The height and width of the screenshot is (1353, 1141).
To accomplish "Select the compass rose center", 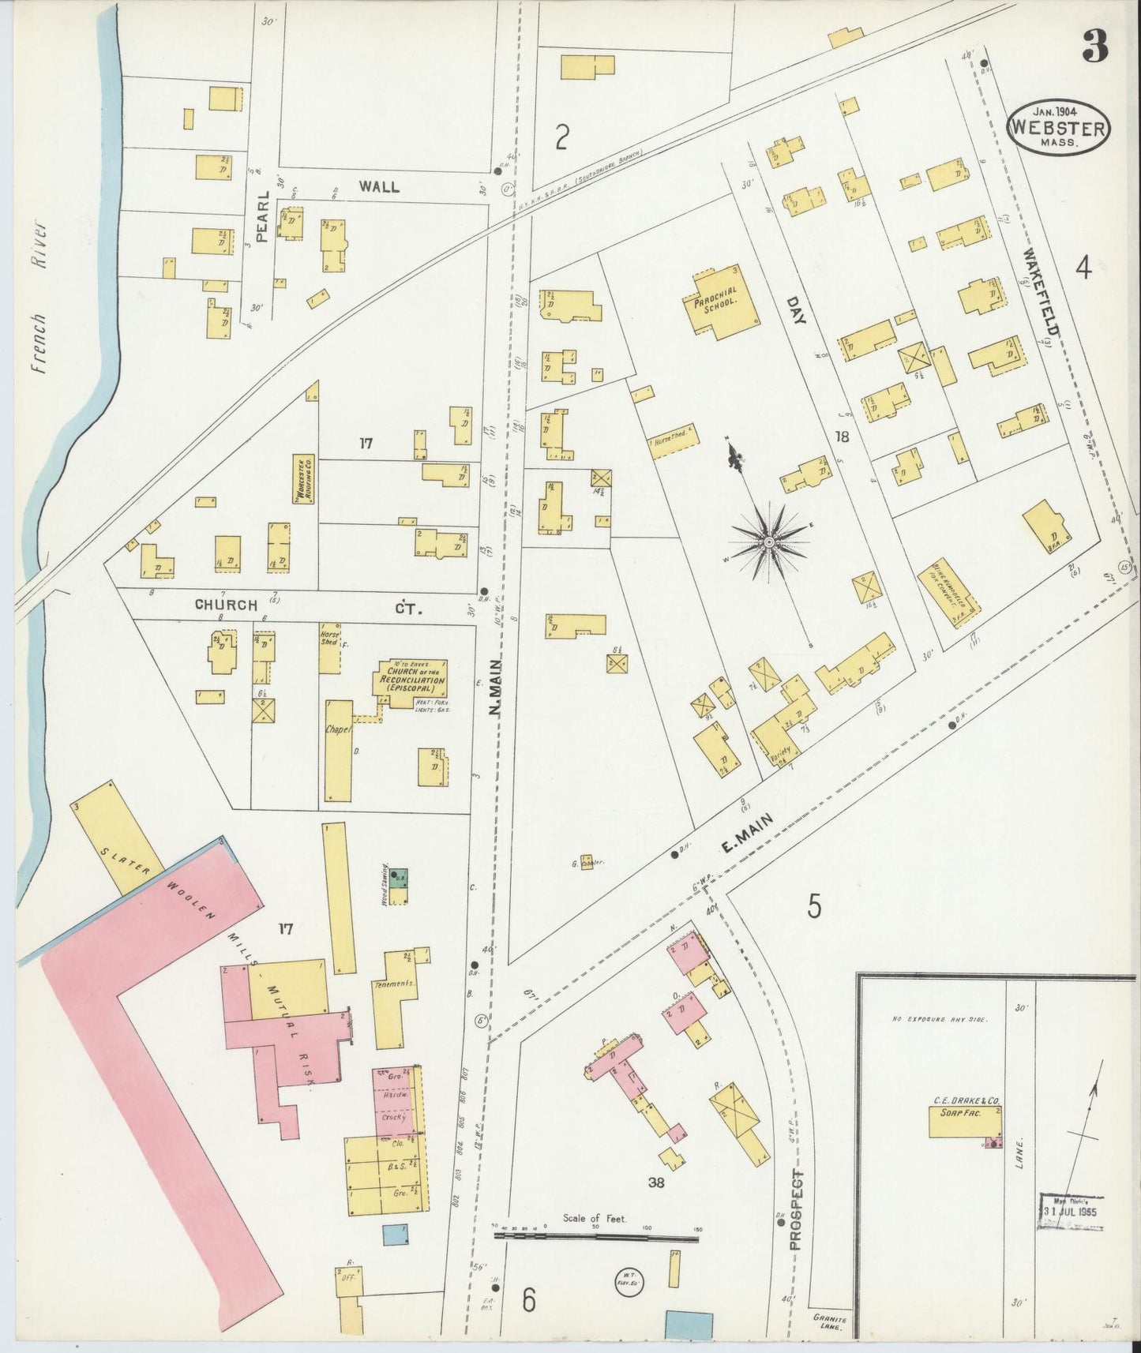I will pyautogui.click(x=768, y=542).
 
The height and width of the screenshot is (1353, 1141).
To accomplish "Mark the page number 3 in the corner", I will pyautogui.click(x=1094, y=49).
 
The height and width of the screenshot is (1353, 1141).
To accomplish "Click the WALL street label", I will pyautogui.click(x=379, y=187).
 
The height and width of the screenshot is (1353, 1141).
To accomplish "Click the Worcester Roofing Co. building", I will pyautogui.click(x=302, y=478).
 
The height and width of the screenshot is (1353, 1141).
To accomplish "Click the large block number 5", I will pyautogui.click(x=813, y=906).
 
